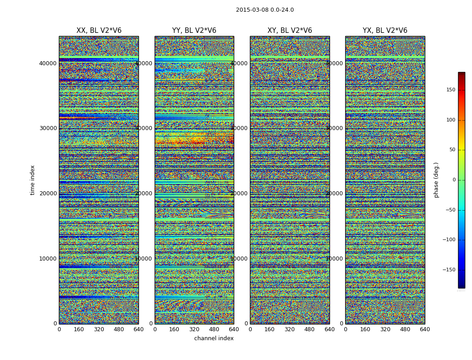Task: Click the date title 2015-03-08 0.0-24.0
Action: (x=265, y=10)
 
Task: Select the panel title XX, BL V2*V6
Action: (x=99, y=31)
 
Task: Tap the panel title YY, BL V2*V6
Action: (x=194, y=31)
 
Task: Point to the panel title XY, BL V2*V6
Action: (x=289, y=31)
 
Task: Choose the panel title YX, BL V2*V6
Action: (x=385, y=31)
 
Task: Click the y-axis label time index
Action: (x=32, y=180)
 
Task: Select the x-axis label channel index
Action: (x=214, y=338)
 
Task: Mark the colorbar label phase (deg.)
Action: (x=436, y=180)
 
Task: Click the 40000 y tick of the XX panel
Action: (x=48, y=63)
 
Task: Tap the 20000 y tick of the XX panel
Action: (x=48, y=193)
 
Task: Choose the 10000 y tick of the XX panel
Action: (x=48, y=259)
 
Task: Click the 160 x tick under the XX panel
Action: (x=79, y=329)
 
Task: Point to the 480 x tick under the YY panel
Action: (x=214, y=329)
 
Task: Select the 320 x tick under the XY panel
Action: (x=289, y=329)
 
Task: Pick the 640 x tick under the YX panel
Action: (x=425, y=329)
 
